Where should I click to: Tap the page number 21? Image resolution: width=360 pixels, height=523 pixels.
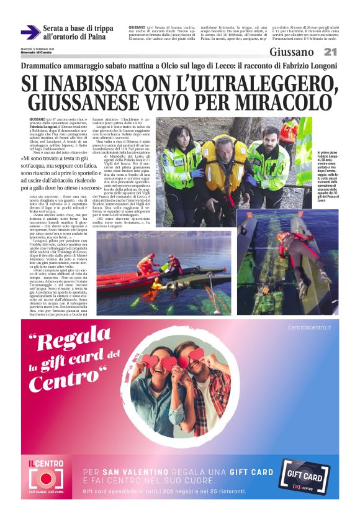[330, 52]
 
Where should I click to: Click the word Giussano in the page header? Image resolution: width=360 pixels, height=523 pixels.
[292, 52]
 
